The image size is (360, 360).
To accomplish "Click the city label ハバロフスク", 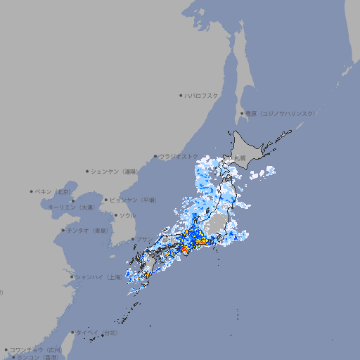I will (202, 95).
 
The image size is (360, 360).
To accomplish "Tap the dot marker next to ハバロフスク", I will (181, 95).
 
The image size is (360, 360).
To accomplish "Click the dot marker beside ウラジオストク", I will (155, 156).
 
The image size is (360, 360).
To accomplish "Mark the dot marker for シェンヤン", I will (88, 171).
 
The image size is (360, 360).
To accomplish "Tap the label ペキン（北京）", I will (53, 191).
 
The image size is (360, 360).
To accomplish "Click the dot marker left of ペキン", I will (32, 191).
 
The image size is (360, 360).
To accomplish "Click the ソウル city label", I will (127, 215).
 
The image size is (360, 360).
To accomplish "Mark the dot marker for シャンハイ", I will (72, 276).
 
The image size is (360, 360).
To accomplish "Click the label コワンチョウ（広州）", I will (35, 349).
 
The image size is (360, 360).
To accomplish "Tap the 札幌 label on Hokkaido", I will (240, 158).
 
